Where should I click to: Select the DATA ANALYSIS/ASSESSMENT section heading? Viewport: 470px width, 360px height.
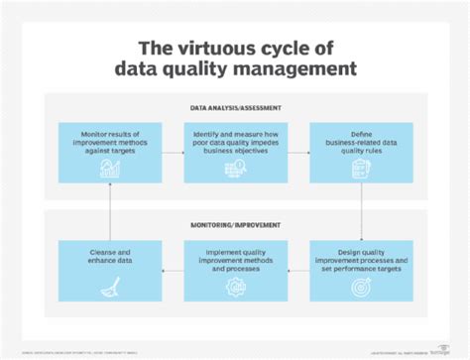pyautogui.click(x=235, y=107)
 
